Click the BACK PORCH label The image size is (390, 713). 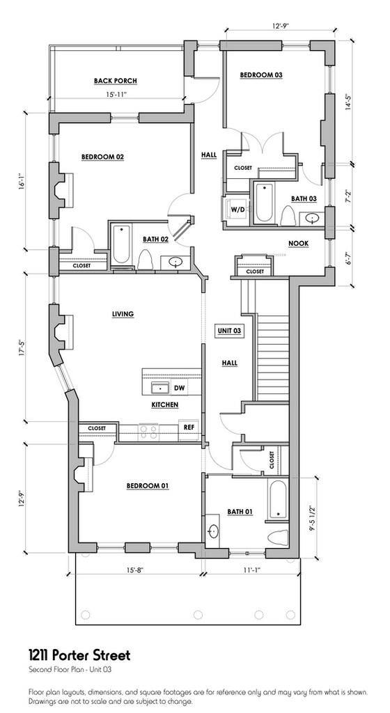[116, 81]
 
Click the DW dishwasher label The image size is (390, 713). [178, 389]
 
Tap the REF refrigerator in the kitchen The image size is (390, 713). [189, 428]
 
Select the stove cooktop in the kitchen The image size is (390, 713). [148, 430]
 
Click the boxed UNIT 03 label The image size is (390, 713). [228, 331]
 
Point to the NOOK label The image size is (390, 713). [299, 244]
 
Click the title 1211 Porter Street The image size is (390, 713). [79, 655]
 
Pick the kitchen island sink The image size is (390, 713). [160, 389]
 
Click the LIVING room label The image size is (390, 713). [123, 314]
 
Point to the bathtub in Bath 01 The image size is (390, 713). [277, 499]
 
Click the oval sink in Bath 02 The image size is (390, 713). [175, 263]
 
